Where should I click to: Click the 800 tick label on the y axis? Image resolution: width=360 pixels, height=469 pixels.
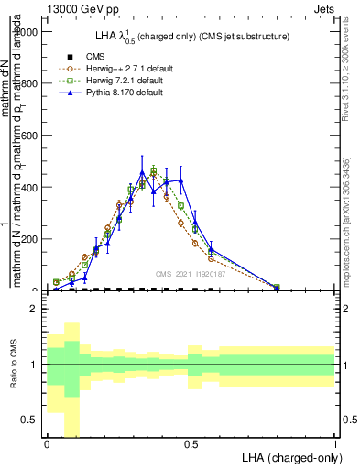click(30, 83)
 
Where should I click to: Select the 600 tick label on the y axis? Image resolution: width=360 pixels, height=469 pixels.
click(30, 136)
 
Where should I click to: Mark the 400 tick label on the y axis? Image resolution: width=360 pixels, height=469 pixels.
click(30, 187)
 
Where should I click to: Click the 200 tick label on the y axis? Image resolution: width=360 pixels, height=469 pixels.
click(30, 239)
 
